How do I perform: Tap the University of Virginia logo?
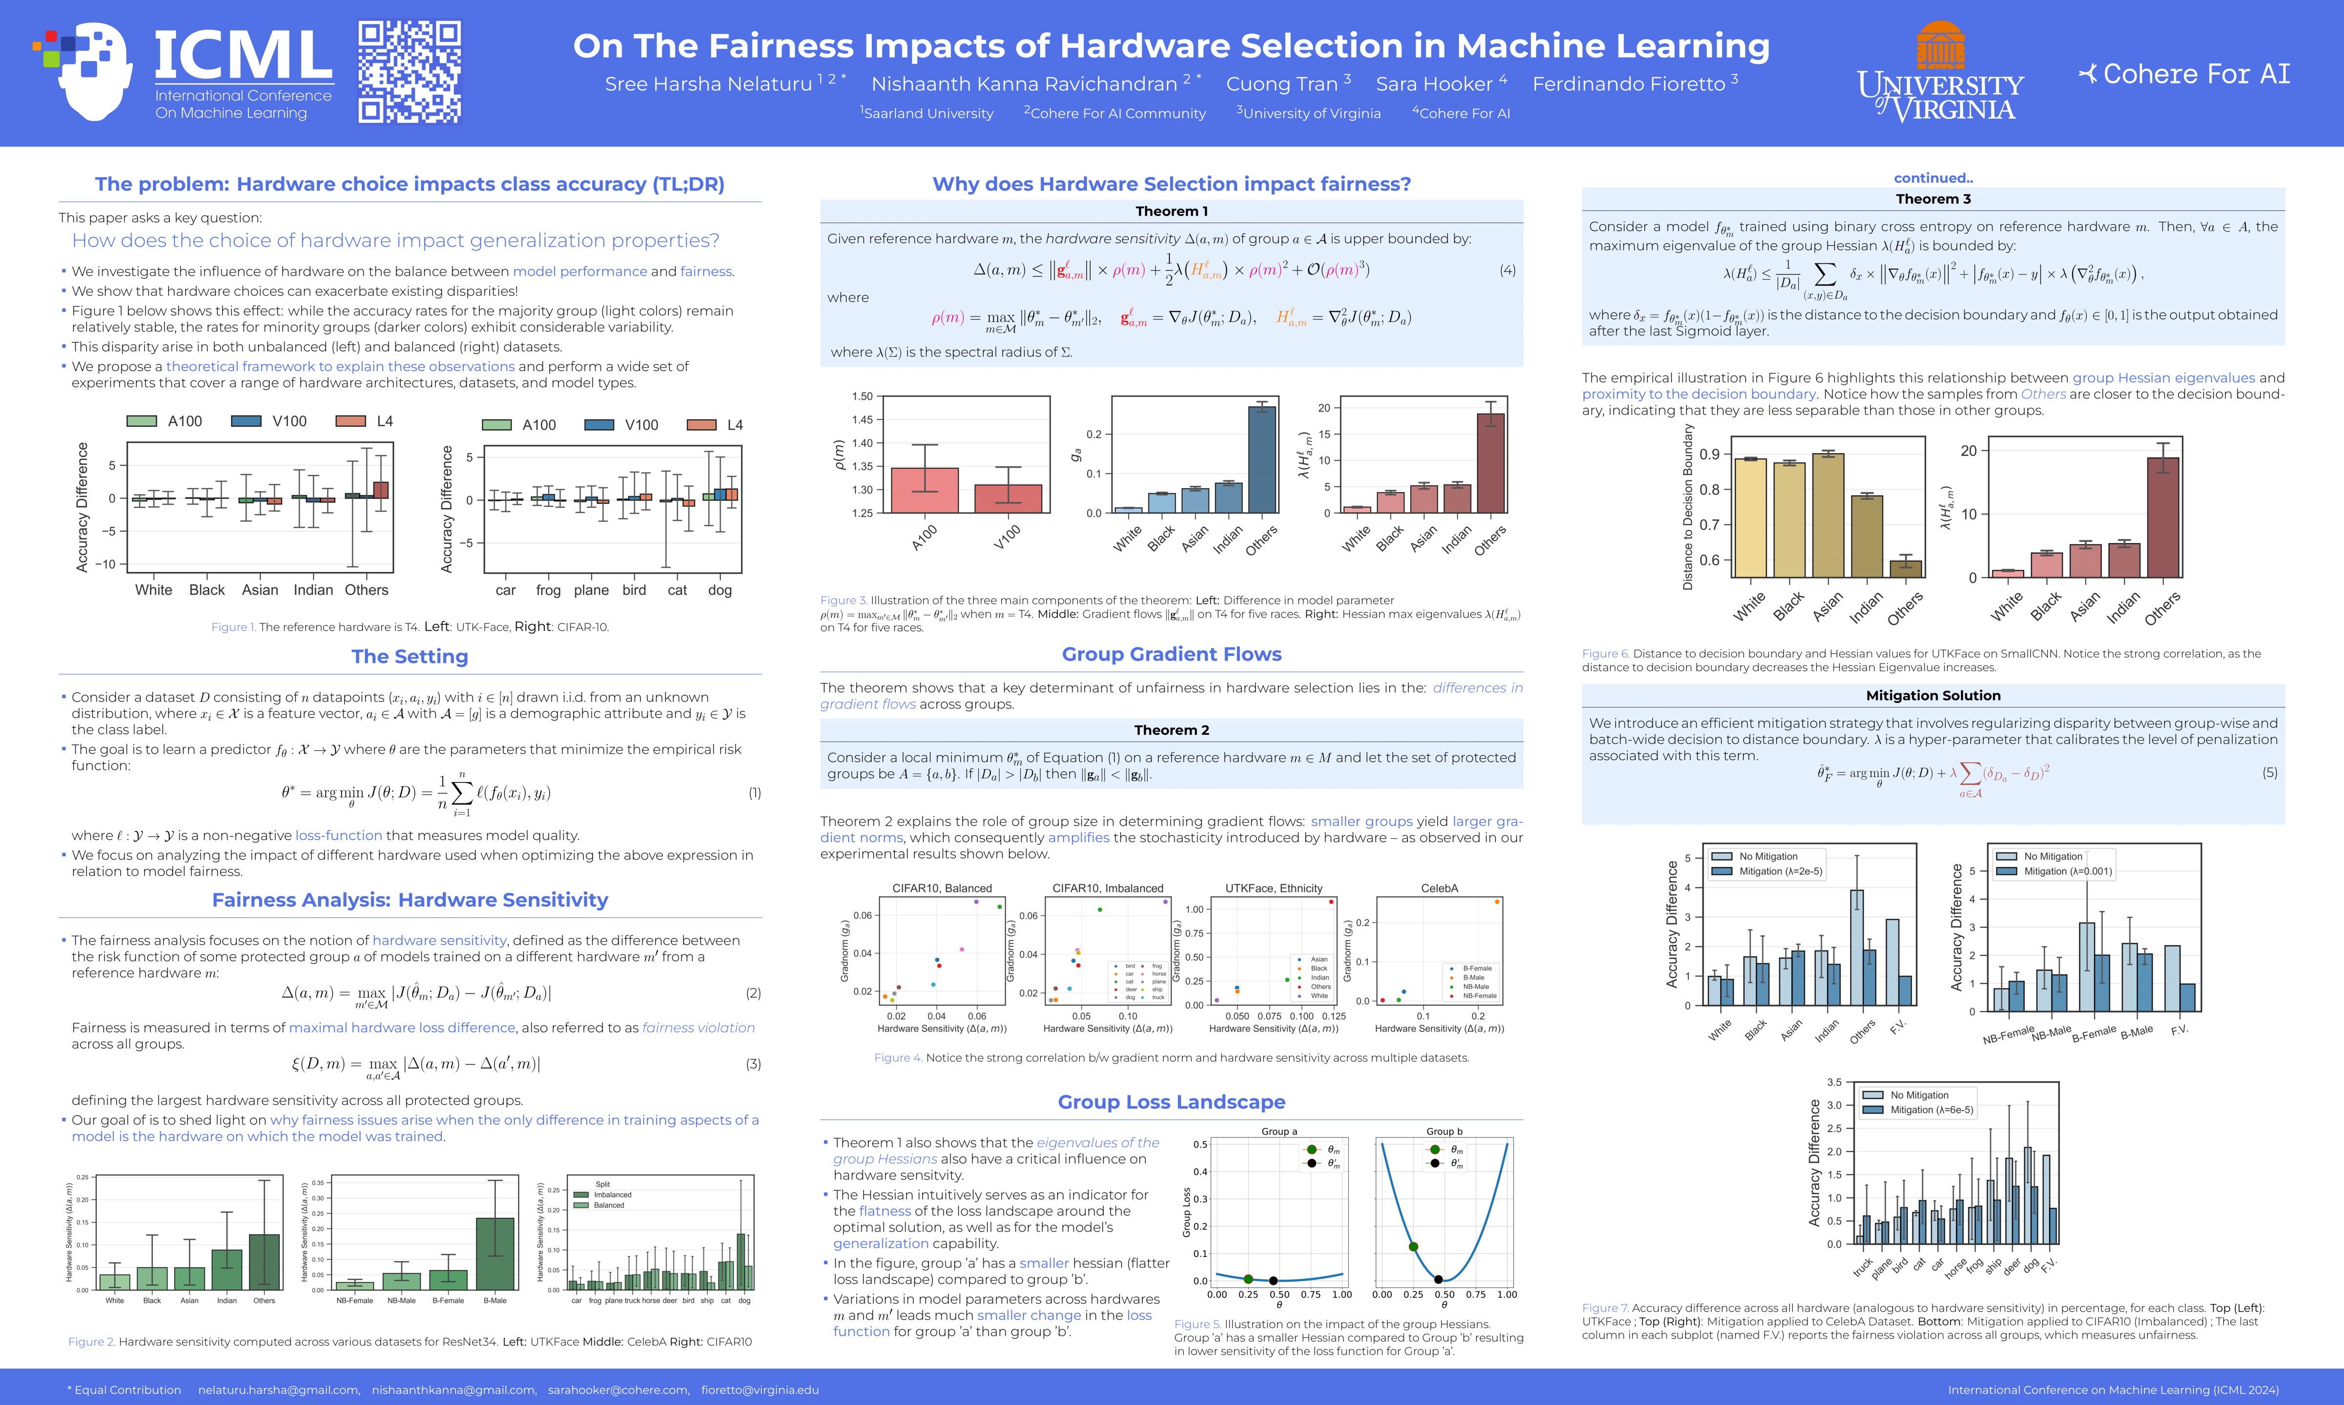[1940, 74]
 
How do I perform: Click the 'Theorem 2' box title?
[1172, 730]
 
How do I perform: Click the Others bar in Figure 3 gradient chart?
[1261, 459]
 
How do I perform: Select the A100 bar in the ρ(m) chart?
[925, 490]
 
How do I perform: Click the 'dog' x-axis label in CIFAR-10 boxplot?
[720, 590]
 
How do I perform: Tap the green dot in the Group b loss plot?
[1413, 1247]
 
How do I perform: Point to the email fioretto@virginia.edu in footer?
[760, 1390]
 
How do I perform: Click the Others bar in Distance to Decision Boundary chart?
[1906, 568]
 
